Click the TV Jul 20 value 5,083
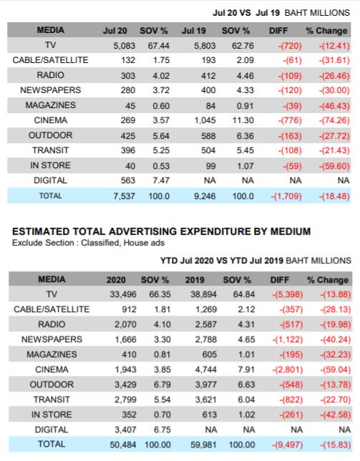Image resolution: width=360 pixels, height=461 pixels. pos(125,46)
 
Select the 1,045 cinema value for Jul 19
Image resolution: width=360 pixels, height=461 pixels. pos(205,120)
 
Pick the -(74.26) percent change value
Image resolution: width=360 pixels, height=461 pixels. pos(334,120)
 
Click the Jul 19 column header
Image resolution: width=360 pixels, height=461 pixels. pos(194,31)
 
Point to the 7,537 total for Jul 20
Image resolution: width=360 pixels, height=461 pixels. pos(125,196)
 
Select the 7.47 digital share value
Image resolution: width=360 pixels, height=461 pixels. pos(161,180)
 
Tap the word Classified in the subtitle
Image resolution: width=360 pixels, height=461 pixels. pos(100,243)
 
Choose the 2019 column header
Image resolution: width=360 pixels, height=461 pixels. pos(195,280)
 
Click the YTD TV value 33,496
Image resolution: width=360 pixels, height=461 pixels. pos(123,294)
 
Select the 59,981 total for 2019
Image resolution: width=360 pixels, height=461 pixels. pos(204,445)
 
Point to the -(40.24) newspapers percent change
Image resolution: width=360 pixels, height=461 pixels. pos(336,339)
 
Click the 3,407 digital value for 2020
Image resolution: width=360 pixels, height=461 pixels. pos(125,430)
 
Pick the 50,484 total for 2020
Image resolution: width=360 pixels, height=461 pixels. pos(123,445)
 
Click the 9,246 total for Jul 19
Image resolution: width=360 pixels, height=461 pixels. pos(205,196)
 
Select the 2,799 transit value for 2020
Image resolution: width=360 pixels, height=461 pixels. pos(125,399)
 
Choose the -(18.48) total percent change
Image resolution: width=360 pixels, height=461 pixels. pos(334,196)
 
